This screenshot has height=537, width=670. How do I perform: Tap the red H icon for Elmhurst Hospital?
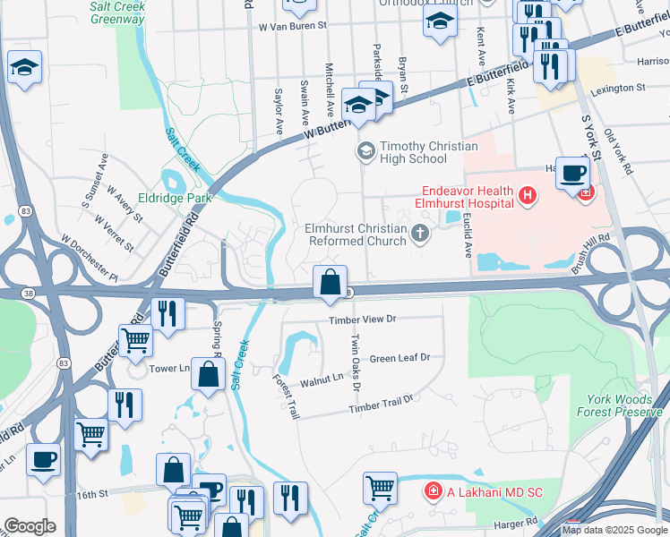tap(528, 194)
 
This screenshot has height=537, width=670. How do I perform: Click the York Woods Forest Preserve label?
tap(624, 405)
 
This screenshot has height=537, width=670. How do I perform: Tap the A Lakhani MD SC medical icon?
tap(432, 490)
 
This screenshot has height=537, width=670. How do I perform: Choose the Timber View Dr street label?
tap(362, 319)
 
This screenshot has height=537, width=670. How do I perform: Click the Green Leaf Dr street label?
tap(399, 358)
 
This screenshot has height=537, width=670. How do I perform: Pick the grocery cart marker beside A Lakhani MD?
tap(380, 488)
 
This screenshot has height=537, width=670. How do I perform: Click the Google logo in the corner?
tap(30, 526)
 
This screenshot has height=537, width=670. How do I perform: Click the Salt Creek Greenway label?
tap(118, 12)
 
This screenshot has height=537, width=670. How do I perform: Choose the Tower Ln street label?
tap(170, 368)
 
